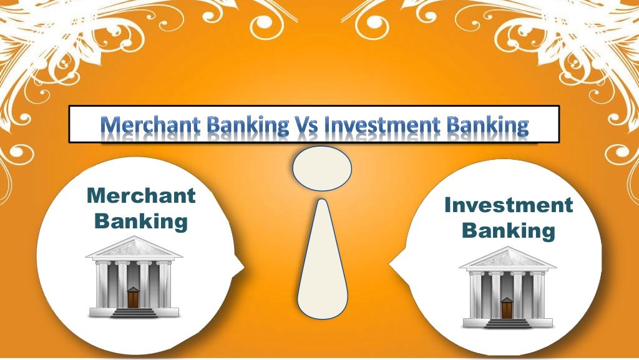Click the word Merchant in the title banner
pyautogui.click(x=141, y=126)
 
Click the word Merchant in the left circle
pyautogui.click(x=141, y=196)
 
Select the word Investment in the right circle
pyautogui.click(x=508, y=205)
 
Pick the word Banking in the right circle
pyautogui.click(x=508, y=231)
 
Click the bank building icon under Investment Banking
pyautogui.click(x=507, y=288)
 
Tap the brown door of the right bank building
pyautogui.click(x=507, y=308)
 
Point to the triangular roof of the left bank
pyautogui.click(x=134, y=248)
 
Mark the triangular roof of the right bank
pyautogui.click(x=507, y=258)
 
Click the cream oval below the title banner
pyautogui.click(x=322, y=168)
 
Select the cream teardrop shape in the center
pyautogui.click(x=322, y=262)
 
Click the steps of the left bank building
pyautogui.click(x=134, y=313)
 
